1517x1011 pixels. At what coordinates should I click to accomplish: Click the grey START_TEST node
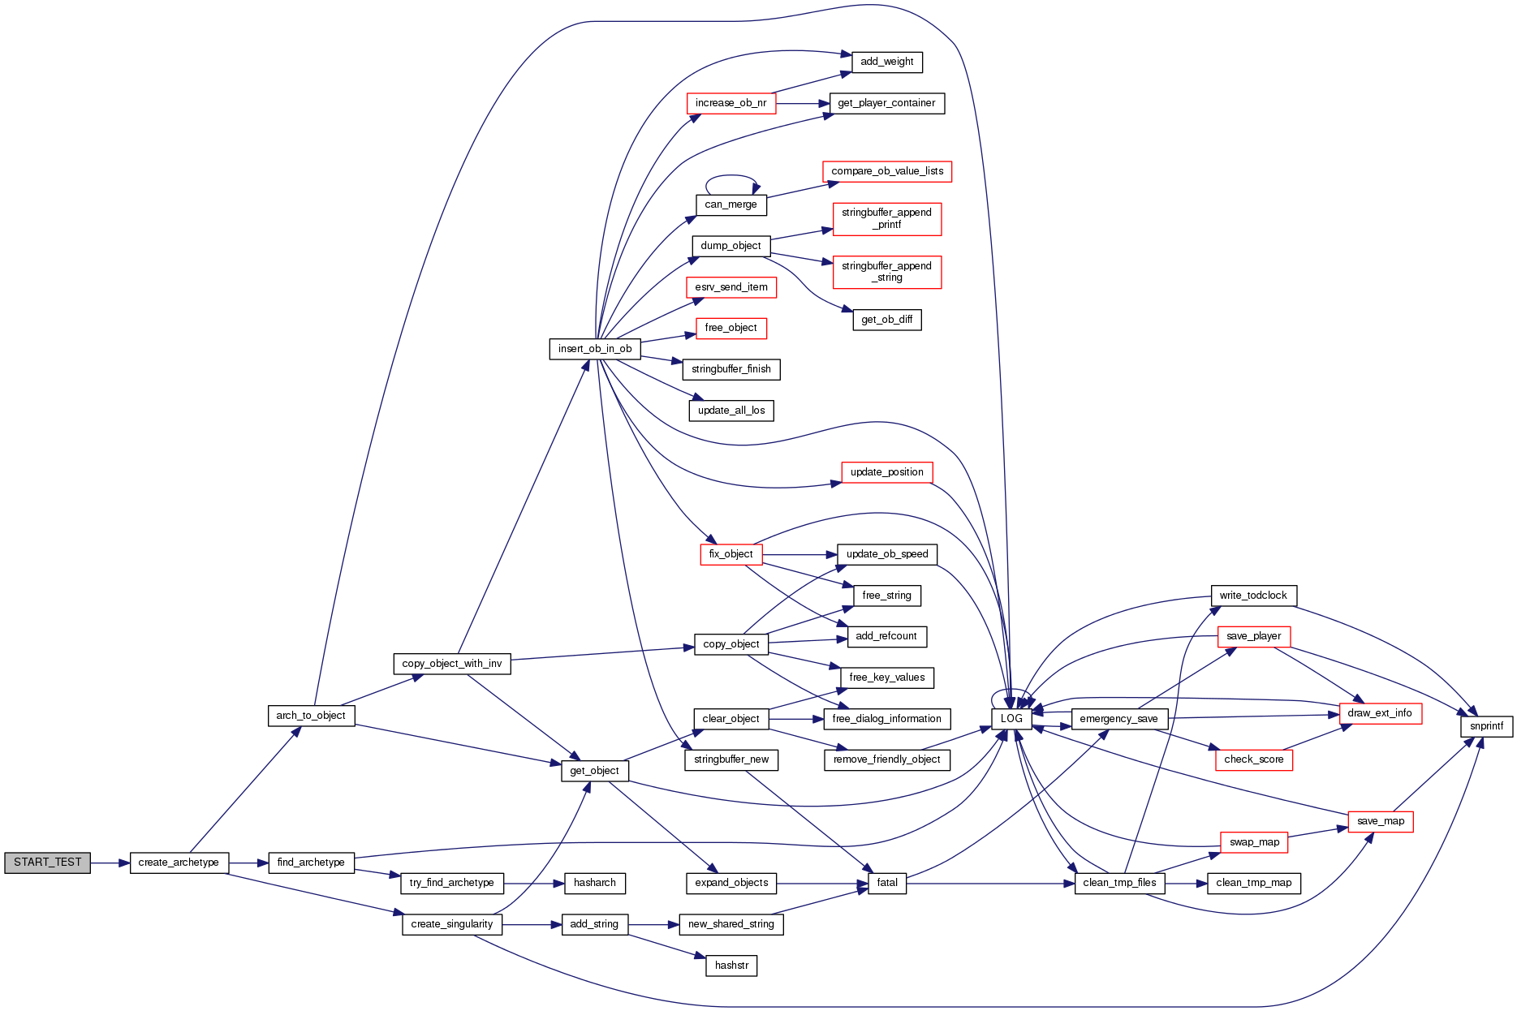pyautogui.click(x=47, y=863)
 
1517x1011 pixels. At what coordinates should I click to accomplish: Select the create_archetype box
pyautogui.click(x=179, y=863)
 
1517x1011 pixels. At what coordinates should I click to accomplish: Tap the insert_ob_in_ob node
pyautogui.click(x=594, y=349)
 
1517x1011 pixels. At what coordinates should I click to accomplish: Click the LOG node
pyautogui.click(x=1011, y=719)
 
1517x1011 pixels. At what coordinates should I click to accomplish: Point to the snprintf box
pyautogui.click(x=1486, y=726)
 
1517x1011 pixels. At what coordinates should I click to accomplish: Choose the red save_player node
pyautogui.click(x=1253, y=636)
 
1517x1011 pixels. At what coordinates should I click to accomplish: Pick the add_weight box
pyautogui.click(x=886, y=62)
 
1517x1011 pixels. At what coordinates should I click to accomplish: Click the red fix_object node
pyautogui.click(x=730, y=554)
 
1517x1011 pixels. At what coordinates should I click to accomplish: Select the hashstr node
pyautogui.click(x=731, y=966)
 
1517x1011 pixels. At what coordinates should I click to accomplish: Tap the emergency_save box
pyautogui.click(x=1118, y=719)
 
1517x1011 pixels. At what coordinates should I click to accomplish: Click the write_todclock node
pyautogui.click(x=1253, y=596)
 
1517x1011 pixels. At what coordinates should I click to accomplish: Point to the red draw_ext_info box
pyautogui.click(x=1379, y=713)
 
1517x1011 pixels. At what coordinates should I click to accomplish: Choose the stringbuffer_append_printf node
pyautogui.click(x=886, y=219)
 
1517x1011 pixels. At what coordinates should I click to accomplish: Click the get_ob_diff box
pyautogui.click(x=886, y=320)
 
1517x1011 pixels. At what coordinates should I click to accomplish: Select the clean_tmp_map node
pyautogui.click(x=1253, y=883)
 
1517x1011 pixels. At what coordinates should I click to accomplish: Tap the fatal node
pyautogui.click(x=887, y=883)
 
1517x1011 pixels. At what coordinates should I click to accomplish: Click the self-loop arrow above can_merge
pyautogui.click(x=730, y=175)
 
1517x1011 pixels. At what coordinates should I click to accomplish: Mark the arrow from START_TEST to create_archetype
pyautogui.click(x=110, y=863)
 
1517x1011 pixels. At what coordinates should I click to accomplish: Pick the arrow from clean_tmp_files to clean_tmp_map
pyautogui.click(x=1186, y=883)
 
